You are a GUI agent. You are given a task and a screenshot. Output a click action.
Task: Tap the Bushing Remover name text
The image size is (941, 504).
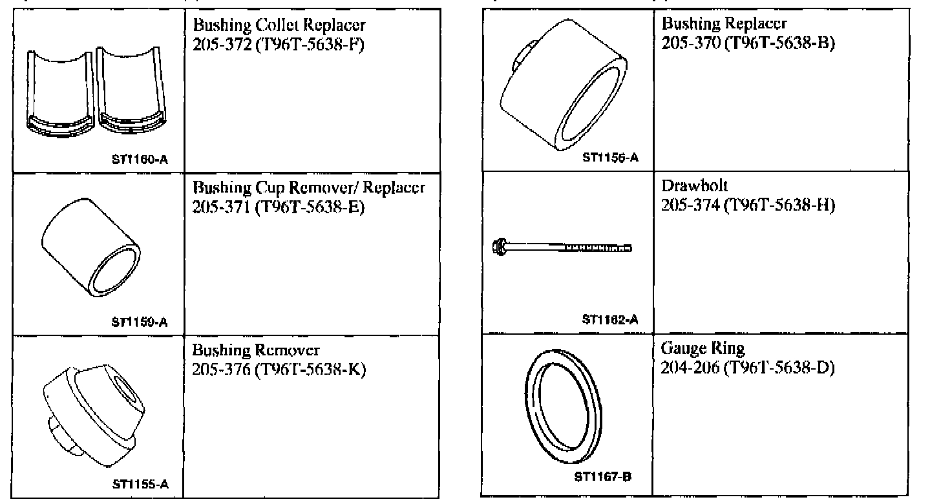tap(256, 352)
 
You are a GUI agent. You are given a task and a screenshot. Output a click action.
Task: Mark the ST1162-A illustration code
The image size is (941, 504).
tap(610, 319)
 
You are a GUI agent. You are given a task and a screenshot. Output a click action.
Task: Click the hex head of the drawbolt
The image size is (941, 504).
tap(499, 247)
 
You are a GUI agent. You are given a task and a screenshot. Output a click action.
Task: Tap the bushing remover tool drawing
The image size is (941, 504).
tap(97, 414)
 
